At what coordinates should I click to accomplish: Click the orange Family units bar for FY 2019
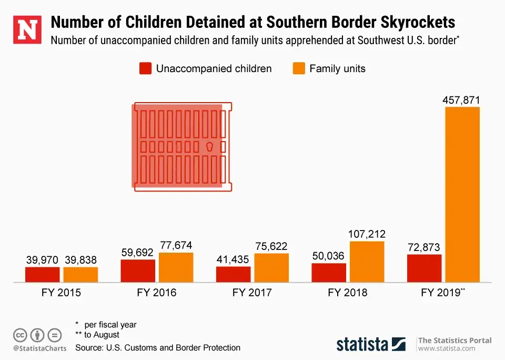click(462, 195)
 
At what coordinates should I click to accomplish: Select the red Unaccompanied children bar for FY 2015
click(43, 274)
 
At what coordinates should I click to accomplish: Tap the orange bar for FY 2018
click(367, 262)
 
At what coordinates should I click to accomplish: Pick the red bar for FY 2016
click(138, 271)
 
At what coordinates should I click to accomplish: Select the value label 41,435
click(233, 259)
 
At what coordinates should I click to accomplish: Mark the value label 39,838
click(81, 260)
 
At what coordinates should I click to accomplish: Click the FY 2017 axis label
click(252, 293)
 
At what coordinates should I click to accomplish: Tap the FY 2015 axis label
click(61, 293)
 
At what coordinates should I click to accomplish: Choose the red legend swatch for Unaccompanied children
click(145, 68)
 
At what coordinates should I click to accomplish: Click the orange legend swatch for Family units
click(299, 68)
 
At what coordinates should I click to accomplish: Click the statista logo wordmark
click(363, 344)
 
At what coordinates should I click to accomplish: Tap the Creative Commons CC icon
click(20, 335)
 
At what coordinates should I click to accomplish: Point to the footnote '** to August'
click(97, 335)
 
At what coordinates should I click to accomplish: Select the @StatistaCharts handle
click(40, 348)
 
